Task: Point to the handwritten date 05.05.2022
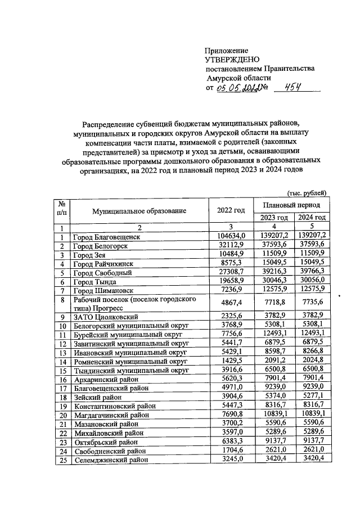pyautogui.click(x=237, y=88)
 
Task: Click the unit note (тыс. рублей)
pyautogui.click(x=307, y=192)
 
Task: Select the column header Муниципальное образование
pyautogui.click(x=139, y=210)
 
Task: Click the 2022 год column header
pyautogui.click(x=231, y=210)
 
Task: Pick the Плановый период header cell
pyautogui.click(x=291, y=205)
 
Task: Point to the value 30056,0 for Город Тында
pyautogui.click(x=311, y=281)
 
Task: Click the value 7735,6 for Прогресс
pyautogui.click(x=311, y=304)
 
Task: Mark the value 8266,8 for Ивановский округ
pyautogui.click(x=311, y=353)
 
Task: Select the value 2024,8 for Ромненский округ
pyautogui.click(x=311, y=362)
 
